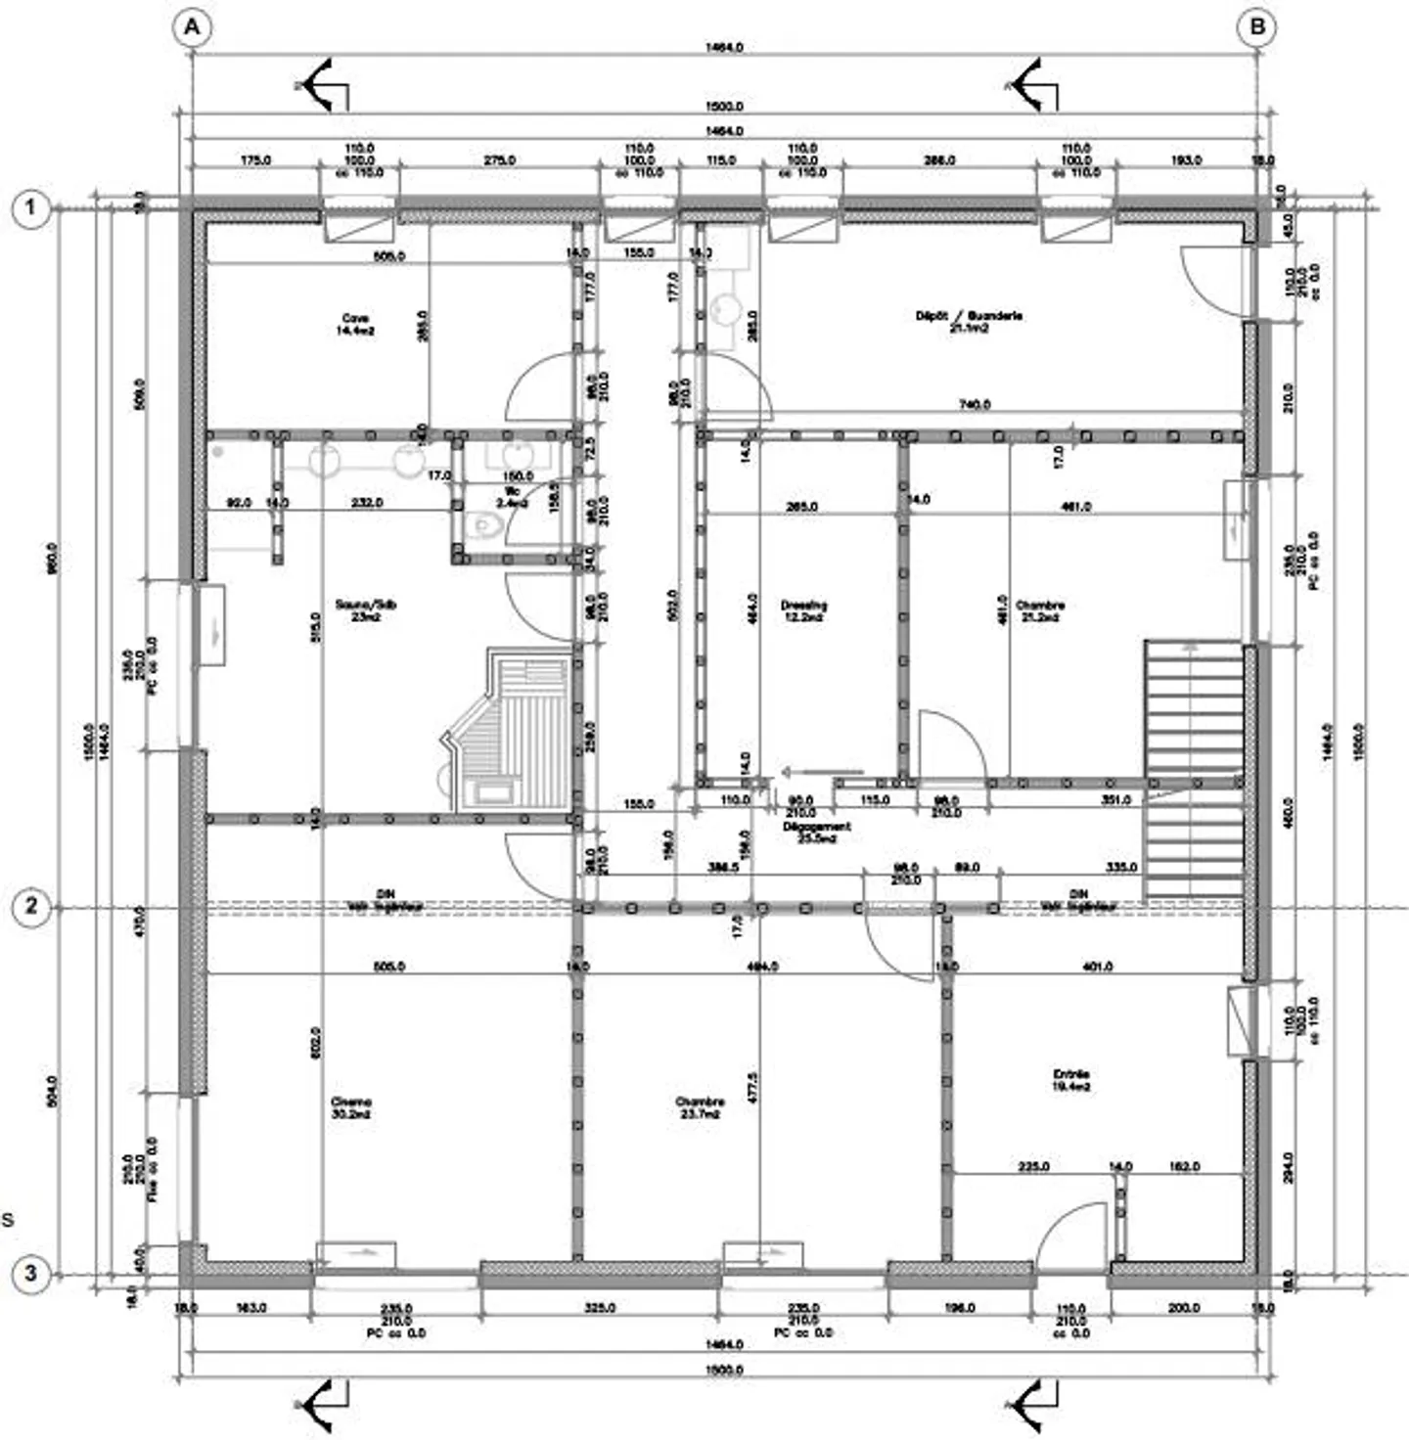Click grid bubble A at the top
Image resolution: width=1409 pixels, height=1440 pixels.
pyautogui.click(x=192, y=28)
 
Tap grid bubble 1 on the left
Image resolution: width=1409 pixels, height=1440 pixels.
pyautogui.click(x=31, y=208)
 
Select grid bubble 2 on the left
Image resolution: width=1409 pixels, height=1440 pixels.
pyautogui.click(x=31, y=907)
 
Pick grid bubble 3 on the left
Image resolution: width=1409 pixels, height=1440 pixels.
pyautogui.click(x=31, y=1274)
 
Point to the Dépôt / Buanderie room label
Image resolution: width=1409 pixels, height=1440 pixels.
pyautogui.click(x=969, y=322)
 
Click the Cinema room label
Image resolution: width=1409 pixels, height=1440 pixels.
pyautogui.click(x=351, y=1107)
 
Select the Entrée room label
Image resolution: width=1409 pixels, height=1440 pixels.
pyautogui.click(x=1071, y=1080)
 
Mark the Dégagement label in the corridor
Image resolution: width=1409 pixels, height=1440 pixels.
pyautogui.click(x=817, y=832)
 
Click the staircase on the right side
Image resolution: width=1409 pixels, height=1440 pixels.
pyautogui.click(x=1194, y=768)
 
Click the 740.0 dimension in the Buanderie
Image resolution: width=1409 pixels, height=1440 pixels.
pyautogui.click(x=975, y=404)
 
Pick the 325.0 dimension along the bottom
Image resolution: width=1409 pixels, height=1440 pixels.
pyautogui.click(x=599, y=1308)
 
